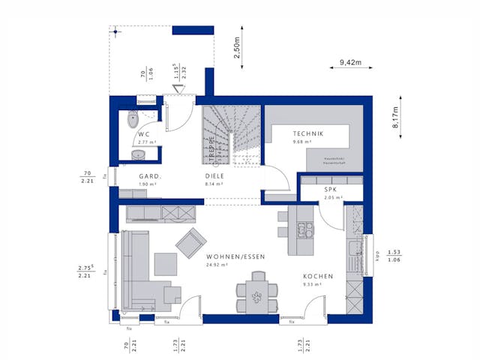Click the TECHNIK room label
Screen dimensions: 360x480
point(307,133)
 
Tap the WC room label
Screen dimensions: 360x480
point(143,133)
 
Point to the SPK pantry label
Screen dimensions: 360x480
point(330,190)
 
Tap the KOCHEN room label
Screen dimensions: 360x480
point(318,276)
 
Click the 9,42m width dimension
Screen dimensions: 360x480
point(351,62)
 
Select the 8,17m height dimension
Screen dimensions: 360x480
point(395,117)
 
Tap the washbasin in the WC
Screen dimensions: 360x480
point(138,154)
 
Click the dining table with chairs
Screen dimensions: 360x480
point(256,294)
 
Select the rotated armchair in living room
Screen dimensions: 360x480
point(191,242)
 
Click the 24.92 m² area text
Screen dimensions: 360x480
point(217,265)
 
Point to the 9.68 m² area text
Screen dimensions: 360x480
point(302,142)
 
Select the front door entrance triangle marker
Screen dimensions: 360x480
point(178,89)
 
